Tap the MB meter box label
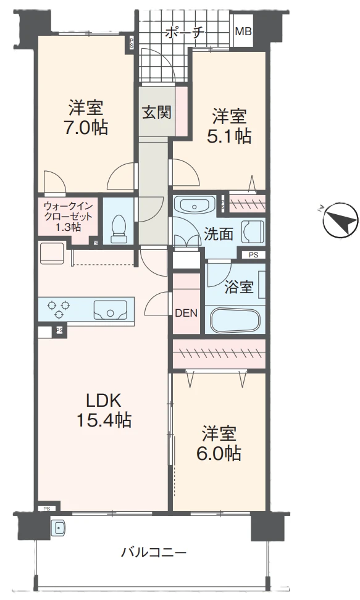coord(243,31)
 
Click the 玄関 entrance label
coord(157,112)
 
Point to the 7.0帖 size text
coord(86,127)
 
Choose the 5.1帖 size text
coord(230,136)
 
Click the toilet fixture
coord(119,228)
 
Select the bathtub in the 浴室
coord(235,320)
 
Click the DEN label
coord(186,314)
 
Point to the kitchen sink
coord(111,310)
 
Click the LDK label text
coord(103,401)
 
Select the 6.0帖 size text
coord(219,454)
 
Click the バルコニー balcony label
coord(154,552)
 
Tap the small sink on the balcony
coord(58,528)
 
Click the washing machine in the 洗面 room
coord(253,231)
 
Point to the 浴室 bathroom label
coord(239,288)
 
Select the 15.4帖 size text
coord(104,420)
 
